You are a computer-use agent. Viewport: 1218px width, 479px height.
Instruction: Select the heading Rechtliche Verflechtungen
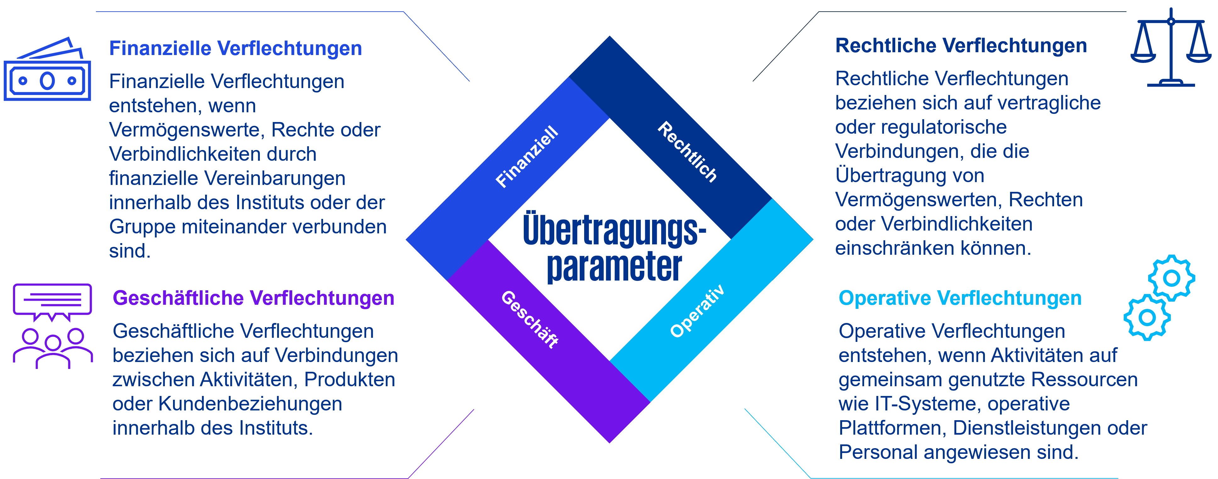click(x=961, y=46)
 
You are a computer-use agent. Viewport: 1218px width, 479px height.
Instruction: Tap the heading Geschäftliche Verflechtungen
click(x=254, y=298)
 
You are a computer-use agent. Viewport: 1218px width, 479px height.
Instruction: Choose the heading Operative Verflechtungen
click(x=960, y=298)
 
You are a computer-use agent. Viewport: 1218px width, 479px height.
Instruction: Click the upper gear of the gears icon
click(x=1171, y=278)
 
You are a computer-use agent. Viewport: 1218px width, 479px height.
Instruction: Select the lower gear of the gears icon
click(x=1147, y=317)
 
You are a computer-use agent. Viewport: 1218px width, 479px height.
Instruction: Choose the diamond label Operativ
click(x=697, y=311)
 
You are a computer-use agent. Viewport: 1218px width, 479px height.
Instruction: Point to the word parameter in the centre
click(x=614, y=267)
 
